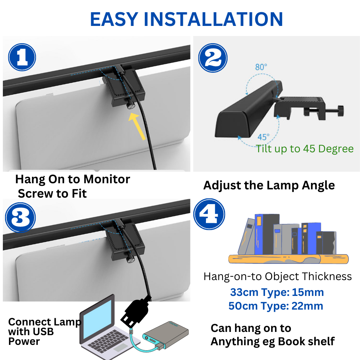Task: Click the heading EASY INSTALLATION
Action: [x=186, y=19]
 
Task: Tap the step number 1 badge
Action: [x=22, y=57]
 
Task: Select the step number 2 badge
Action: [x=213, y=58]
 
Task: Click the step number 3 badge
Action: [x=21, y=217]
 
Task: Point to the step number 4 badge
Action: [x=209, y=214]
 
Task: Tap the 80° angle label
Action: [x=261, y=67]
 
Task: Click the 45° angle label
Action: [x=264, y=137]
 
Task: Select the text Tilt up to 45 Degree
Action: [x=305, y=149]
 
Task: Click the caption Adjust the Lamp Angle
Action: [x=269, y=185]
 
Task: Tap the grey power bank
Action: [x=166, y=336]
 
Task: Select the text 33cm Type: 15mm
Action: [x=277, y=292]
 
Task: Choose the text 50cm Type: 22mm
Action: [x=276, y=306]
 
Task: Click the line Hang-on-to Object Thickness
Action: [x=278, y=276]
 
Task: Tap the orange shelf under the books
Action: [x=288, y=259]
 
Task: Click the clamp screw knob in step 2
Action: [x=341, y=111]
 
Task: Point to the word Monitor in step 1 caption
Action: [x=107, y=179]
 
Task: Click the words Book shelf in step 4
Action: [x=306, y=341]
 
